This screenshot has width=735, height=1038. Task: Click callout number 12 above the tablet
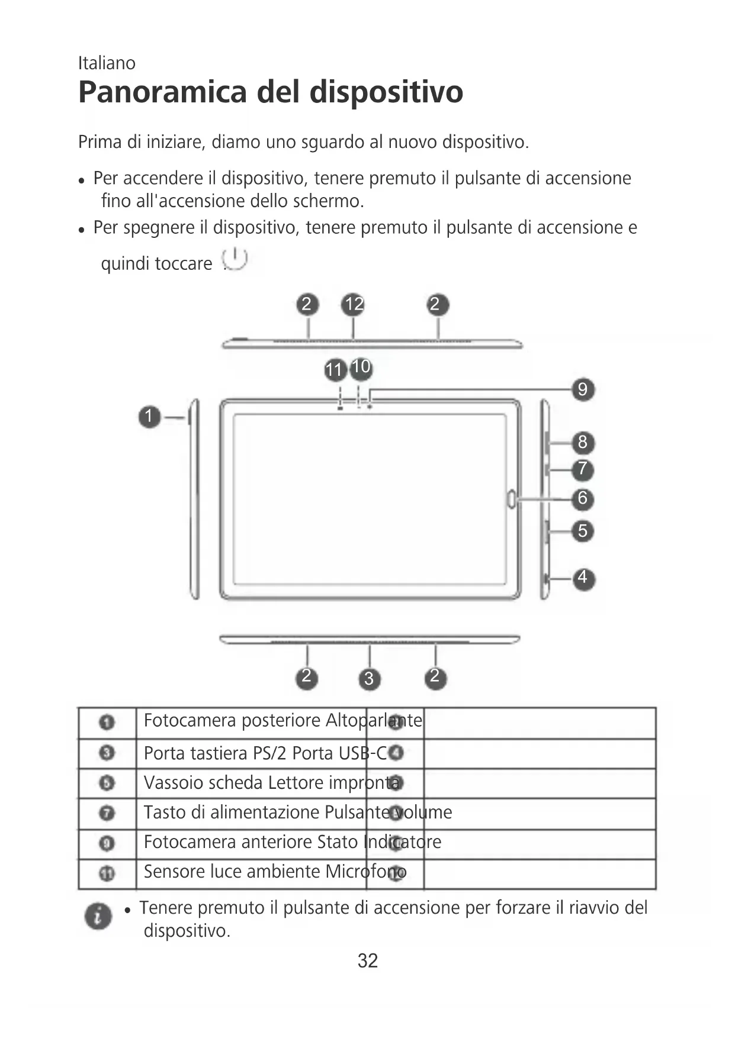point(353,305)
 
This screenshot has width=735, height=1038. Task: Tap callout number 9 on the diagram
point(583,389)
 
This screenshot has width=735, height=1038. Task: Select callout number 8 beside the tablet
point(583,442)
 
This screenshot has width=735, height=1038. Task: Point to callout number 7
point(583,469)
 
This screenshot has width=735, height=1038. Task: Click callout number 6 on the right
point(583,498)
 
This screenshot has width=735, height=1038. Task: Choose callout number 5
point(583,530)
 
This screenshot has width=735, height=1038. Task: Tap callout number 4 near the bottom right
point(583,577)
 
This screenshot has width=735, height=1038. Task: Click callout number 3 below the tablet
point(369,678)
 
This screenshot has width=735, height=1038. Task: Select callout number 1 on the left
point(149,417)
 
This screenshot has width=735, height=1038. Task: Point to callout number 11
point(335,370)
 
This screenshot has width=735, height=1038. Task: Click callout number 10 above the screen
point(361,367)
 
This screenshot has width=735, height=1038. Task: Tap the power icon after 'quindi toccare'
point(235,259)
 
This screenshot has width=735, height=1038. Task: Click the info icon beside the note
point(98,916)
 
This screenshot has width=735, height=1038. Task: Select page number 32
point(367,960)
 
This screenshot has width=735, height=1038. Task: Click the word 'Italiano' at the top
point(107,63)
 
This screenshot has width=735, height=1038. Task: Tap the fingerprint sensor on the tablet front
point(511,499)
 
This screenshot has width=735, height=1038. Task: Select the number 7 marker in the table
point(107,813)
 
